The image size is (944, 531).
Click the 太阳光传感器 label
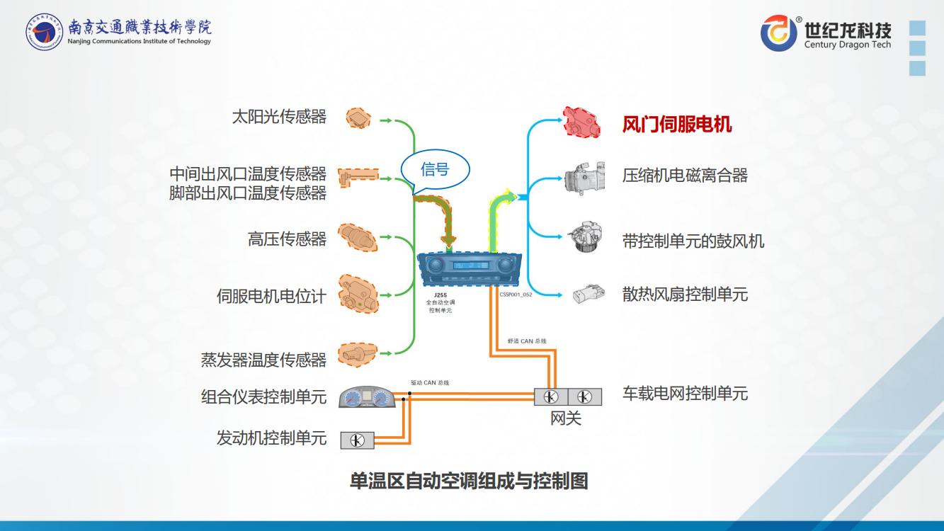tap(279, 117)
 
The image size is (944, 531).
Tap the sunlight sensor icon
tap(359, 118)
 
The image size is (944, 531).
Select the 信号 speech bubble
tap(435, 169)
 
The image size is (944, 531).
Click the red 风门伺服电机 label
tap(676, 125)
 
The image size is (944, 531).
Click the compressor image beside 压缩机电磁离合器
tap(584, 178)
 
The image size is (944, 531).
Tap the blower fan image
tap(586, 238)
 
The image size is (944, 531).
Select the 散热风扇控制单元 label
tap(685, 295)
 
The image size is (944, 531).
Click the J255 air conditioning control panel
tap(469, 269)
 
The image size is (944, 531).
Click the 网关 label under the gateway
tap(566, 418)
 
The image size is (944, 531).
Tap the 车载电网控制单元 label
tap(685, 394)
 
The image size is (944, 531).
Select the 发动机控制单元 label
tap(271, 438)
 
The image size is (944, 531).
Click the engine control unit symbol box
tap(357, 440)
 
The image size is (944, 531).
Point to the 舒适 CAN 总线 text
tap(526, 341)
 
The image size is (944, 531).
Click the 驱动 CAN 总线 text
tap(430, 383)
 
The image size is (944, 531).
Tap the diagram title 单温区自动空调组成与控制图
tap(469, 481)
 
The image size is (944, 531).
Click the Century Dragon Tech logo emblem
tap(779, 33)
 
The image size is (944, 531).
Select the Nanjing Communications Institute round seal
tap(44, 31)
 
